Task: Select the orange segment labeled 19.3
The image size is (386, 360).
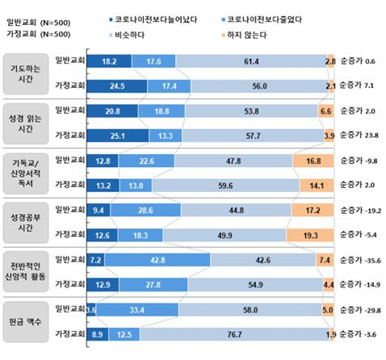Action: pyautogui.click(x=311, y=234)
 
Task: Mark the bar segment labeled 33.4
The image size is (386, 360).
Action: pyautogui.click(x=137, y=309)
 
